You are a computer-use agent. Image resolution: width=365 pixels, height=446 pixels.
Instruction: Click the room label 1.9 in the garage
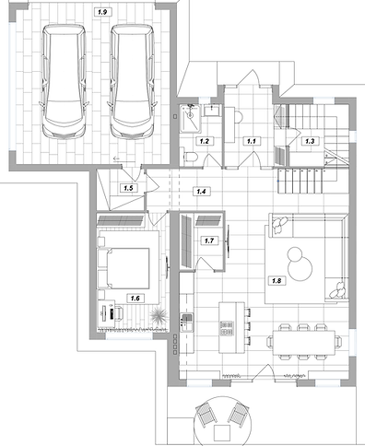point(102,12)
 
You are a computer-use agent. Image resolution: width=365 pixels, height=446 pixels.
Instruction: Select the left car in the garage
point(64,81)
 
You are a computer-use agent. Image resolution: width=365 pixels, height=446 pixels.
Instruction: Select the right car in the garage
point(133,81)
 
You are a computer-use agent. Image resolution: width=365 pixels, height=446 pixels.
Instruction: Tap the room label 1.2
point(205,141)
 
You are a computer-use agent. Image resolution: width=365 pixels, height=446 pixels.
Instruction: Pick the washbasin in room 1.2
point(212,110)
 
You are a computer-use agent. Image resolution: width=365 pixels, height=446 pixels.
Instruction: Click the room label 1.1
point(252,141)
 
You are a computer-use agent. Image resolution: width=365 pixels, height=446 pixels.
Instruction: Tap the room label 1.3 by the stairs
point(310,141)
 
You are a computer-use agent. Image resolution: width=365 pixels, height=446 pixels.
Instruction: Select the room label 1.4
point(201,192)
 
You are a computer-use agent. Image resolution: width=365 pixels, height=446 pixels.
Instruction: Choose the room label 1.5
point(128,188)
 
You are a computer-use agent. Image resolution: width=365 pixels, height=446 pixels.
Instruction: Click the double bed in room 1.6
point(124,268)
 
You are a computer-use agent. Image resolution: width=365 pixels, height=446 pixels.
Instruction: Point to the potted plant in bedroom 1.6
point(159,315)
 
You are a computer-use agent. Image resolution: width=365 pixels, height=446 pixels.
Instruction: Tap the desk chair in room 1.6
point(118,312)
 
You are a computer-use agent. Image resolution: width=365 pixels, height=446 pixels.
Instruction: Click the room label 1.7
point(209,241)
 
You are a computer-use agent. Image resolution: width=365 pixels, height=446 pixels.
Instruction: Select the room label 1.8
point(277,280)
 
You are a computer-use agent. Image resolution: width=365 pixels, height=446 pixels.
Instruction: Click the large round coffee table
point(300,268)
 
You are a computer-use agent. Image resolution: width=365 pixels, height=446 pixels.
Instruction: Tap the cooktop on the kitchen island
point(227,328)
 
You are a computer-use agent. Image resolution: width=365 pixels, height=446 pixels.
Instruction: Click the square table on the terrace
point(222,433)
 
